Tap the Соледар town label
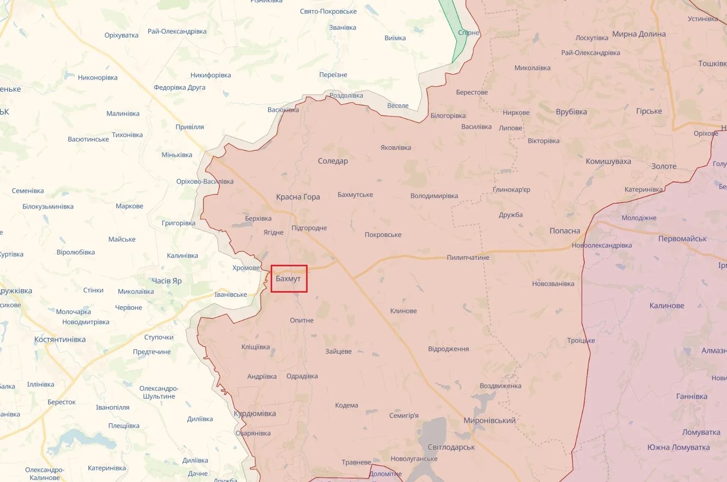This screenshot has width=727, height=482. click(x=332, y=161)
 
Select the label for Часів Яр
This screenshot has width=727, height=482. click(x=166, y=281)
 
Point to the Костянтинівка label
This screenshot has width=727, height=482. click(x=60, y=340)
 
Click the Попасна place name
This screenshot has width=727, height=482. click(x=565, y=231)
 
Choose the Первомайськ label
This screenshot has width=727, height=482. click(x=682, y=239)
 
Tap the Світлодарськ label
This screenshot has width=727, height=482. click(x=451, y=448)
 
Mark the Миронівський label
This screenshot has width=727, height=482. click(x=489, y=421)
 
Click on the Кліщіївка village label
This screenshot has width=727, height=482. click(x=255, y=347)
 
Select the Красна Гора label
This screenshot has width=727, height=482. click(x=297, y=197)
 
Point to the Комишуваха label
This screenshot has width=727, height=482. click(x=608, y=162)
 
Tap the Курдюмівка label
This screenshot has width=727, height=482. click(x=255, y=414)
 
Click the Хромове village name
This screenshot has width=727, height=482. click(x=246, y=268)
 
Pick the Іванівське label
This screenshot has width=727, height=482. click(x=231, y=295)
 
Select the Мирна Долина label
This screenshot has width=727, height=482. click(x=638, y=34)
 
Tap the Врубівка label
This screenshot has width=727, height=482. click(x=571, y=112)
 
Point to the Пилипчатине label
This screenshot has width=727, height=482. click(x=468, y=258)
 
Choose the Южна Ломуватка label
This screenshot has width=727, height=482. click(x=678, y=448)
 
